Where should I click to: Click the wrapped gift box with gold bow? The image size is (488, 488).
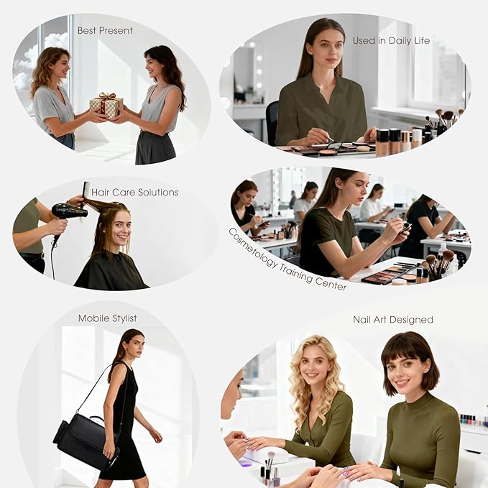pos(106,105)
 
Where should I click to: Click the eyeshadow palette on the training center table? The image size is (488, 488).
pos(390,273)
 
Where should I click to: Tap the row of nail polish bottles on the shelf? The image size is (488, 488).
pos(474,420)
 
